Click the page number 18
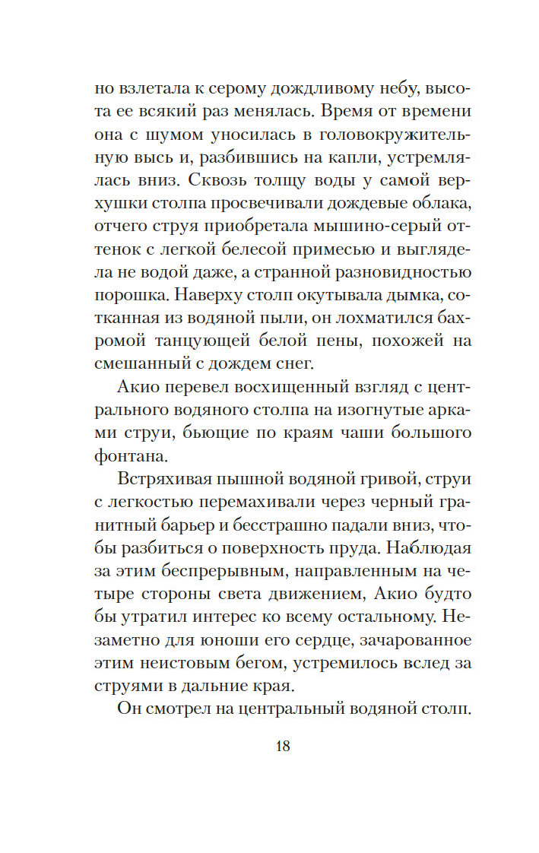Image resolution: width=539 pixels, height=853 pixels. click(281, 745)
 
